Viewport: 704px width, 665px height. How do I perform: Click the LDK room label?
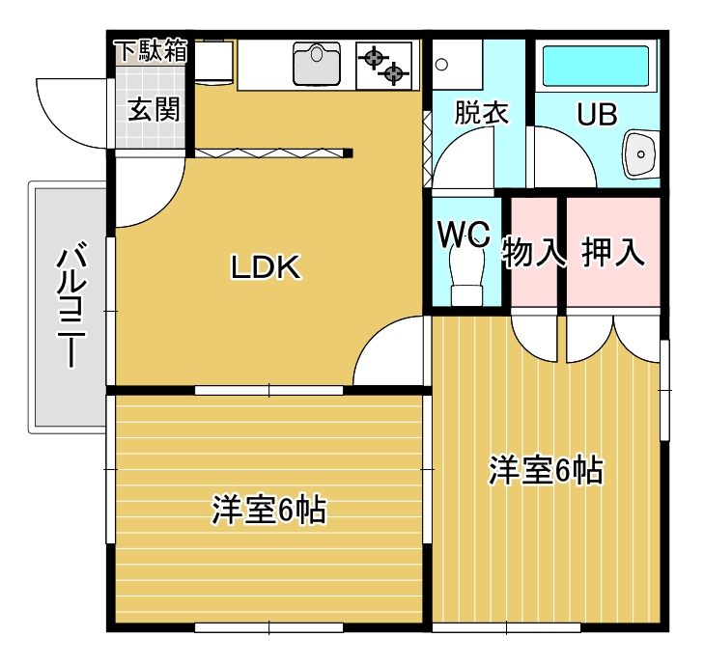[x=266, y=267]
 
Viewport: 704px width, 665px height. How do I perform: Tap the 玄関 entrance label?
[x=154, y=109]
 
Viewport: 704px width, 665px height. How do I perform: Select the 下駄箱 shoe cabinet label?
[x=151, y=50]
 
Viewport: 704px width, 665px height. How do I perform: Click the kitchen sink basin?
[x=317, y=64]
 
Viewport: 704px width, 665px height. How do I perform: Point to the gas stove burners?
[x=384, y=66]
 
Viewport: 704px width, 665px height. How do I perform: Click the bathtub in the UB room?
[x=596, y=66]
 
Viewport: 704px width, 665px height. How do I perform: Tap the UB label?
[x=597, y=114]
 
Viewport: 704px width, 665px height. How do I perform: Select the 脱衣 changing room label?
[x=481, y=112]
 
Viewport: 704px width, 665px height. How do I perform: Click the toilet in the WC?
[x=467, y=276]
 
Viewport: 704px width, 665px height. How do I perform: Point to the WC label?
[x=464, y=234]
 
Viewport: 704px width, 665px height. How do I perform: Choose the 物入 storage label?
[x=533, y=252]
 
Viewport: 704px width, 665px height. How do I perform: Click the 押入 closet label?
[x=613, y=252]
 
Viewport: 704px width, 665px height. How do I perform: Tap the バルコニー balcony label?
[x=70, y=305]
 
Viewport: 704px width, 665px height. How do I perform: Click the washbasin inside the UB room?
[x=640, y=153]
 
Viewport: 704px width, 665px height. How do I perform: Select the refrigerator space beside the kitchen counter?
[x=213, y=62]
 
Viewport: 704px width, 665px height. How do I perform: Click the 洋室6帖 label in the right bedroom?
[x=546, y=470]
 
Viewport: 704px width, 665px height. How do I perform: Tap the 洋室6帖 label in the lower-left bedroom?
[x=268, y=510]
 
